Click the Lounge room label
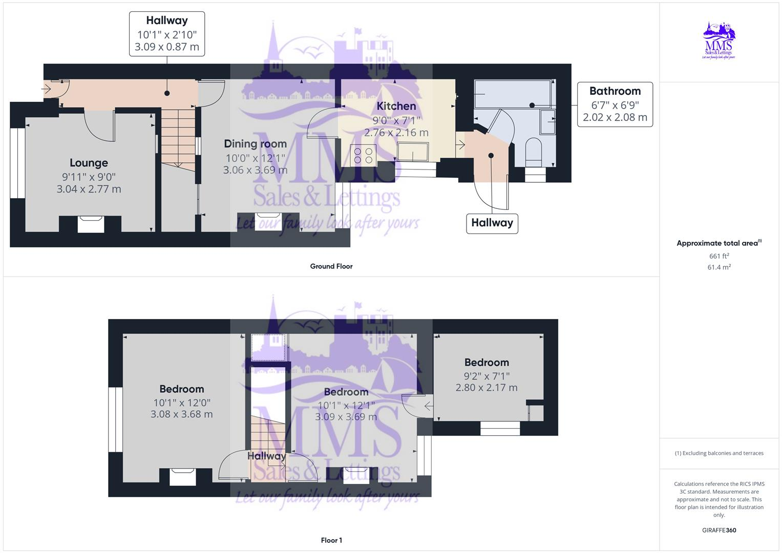[89, 163]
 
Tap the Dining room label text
[255, 144]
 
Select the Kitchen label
[396, 106]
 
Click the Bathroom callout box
[615, 104]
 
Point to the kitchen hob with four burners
[363, 155]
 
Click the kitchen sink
[413, 152]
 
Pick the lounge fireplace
[91, 224]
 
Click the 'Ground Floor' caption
[331, 266]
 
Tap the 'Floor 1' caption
[331, 540]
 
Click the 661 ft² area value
[719, 256]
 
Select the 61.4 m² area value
[719, 267]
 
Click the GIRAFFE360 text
[718, 530]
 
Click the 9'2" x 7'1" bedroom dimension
[486, 376]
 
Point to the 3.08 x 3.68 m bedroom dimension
[181, 414]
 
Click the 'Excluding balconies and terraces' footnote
[719, 453]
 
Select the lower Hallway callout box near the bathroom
[492, 223]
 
